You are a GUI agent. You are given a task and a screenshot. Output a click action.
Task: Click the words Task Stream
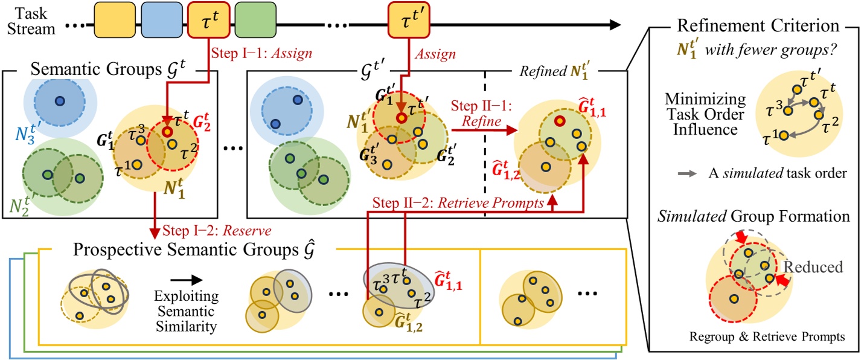point(35,20)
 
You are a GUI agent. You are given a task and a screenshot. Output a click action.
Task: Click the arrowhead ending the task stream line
point(614,25)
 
